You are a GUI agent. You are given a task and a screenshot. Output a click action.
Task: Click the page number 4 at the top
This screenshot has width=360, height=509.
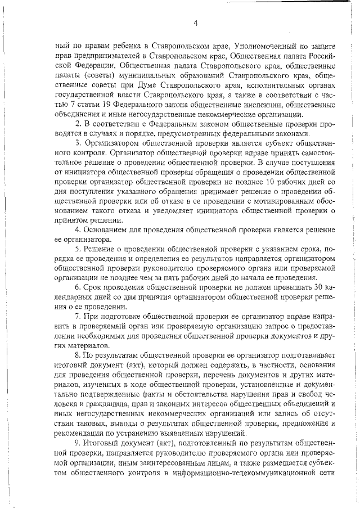[x=195, y=23]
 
